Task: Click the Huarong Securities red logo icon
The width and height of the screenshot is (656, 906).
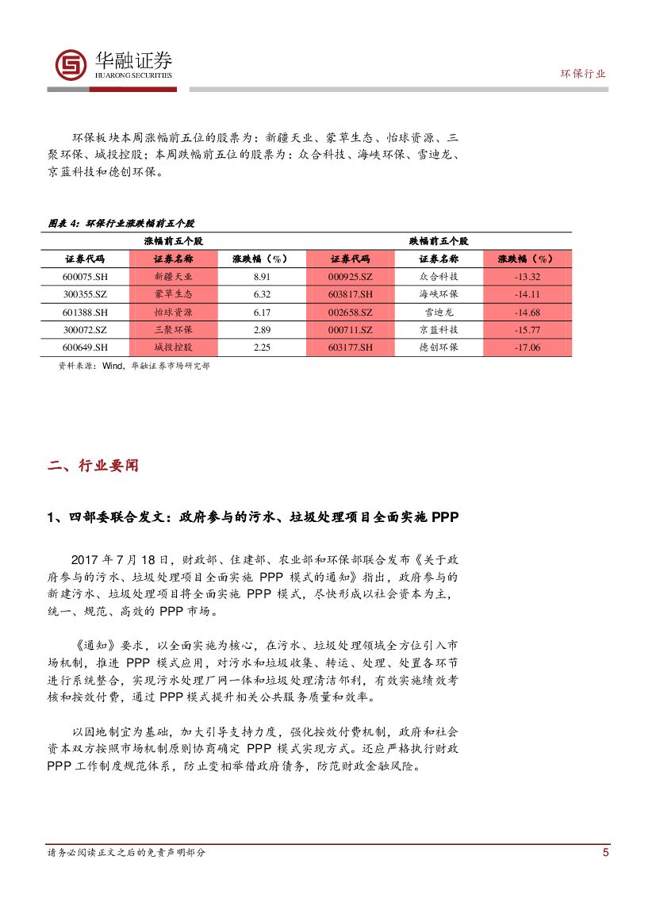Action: [71, 64]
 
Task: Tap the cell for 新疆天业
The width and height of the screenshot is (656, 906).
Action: [173, 277]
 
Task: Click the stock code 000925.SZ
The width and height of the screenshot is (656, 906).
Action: [350, 277]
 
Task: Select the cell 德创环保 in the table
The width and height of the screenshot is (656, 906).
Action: [438, 347]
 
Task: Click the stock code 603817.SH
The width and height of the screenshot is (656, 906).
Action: [350, 294]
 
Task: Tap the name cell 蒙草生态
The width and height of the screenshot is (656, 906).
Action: [173, 294]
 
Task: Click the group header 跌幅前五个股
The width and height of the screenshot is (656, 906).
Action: [439, 240]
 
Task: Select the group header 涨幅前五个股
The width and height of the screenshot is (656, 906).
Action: [173, 240]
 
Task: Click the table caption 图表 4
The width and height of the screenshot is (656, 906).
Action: [63, 224]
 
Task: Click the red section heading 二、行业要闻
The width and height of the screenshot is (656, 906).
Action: [93, 466]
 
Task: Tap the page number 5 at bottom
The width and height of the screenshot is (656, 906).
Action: [606, 853]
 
